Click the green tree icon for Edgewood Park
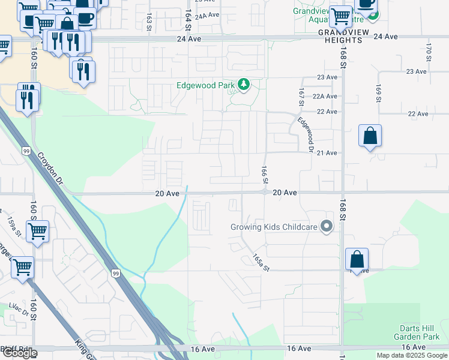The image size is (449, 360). pyautogui.click(x=244, y=85)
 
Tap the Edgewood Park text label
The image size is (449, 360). pyautogui.click(x=205, y=85)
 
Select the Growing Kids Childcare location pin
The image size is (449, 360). pyautogui.click(x=326, y=226)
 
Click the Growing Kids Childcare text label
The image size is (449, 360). pyautogui.click(x=273, y=227)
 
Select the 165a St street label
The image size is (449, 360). pyautogui.click(x=258, y=261)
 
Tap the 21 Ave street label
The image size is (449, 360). pyautogui.click(x=327, y=153)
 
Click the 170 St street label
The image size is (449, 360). pyautogui.click(x=429, y=52)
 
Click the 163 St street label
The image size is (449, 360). pyautogui.click(x=148, y=20)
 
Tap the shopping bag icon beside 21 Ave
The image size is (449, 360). pyautogui.click(x=370, y=136)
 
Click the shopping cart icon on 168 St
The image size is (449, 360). pyautogui.click(x=340, y=16)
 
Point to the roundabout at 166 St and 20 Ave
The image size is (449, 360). pyautogui.click(x=264, y=192)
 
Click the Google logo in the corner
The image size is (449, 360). pyautogui.click(x=19, y=353)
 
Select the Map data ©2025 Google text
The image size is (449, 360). pyautogui.click(x=412, y=355)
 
